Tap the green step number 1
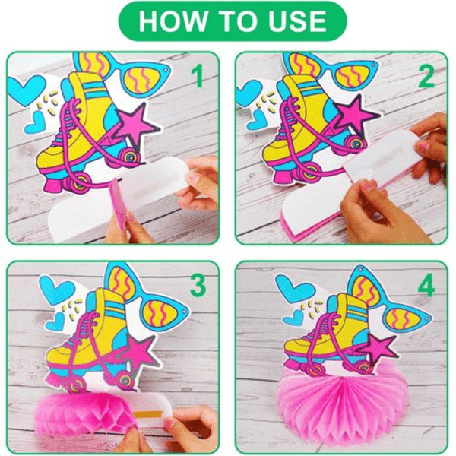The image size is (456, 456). coord(198,75)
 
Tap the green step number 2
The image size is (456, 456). coord(426,75)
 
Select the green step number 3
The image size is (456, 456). coord(198,285)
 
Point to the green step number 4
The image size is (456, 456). coord(426,285)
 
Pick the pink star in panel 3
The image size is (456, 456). coord(140,353)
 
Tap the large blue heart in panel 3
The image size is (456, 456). coord(56,289)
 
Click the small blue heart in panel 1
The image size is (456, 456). coord(36,122)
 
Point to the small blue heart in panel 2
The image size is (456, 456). coord(257,120)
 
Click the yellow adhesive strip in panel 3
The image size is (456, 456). coord(147,414)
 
